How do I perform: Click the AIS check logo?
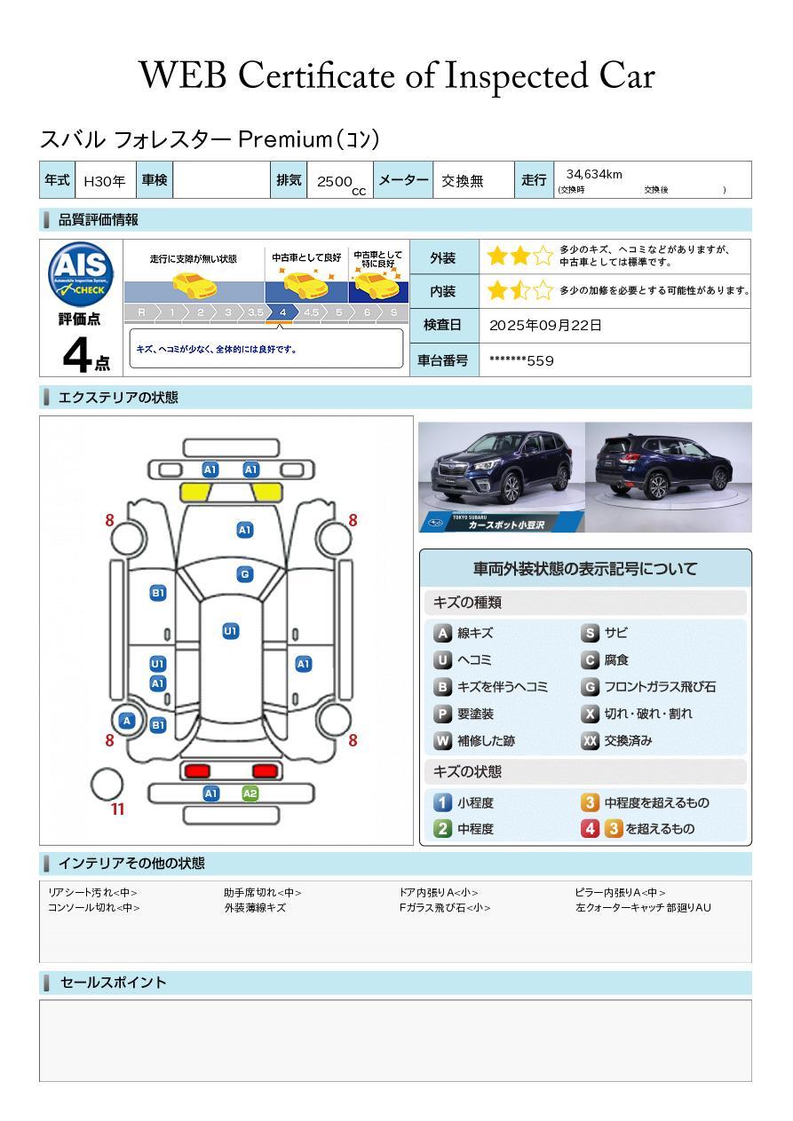tap(81, 273)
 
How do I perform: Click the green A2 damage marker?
tap(250, 793)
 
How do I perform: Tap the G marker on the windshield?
tap(245, 574)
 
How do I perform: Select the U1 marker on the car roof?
tap(231, 631)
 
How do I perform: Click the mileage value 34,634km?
tap(594, 174)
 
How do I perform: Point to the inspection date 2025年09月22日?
tap(545, 326)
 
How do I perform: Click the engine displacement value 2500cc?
tap(339, 182)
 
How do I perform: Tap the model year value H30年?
tap(104, 181)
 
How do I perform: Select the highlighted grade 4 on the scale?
tap(282, 312)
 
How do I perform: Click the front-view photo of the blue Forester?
tap(501, 477)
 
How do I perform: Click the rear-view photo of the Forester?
tap(668, 477)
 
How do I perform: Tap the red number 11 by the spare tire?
tap(117, 809)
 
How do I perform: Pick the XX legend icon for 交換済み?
tap(591, 741)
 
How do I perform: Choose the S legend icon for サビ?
tap(591, 634)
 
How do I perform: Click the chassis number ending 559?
tap(522, 360)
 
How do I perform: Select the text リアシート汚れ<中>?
tap(93, 893)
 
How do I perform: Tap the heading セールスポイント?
tap(113, 983)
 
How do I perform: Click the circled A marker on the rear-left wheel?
tap(128, 721)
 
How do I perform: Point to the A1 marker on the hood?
tap(245, 530)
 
